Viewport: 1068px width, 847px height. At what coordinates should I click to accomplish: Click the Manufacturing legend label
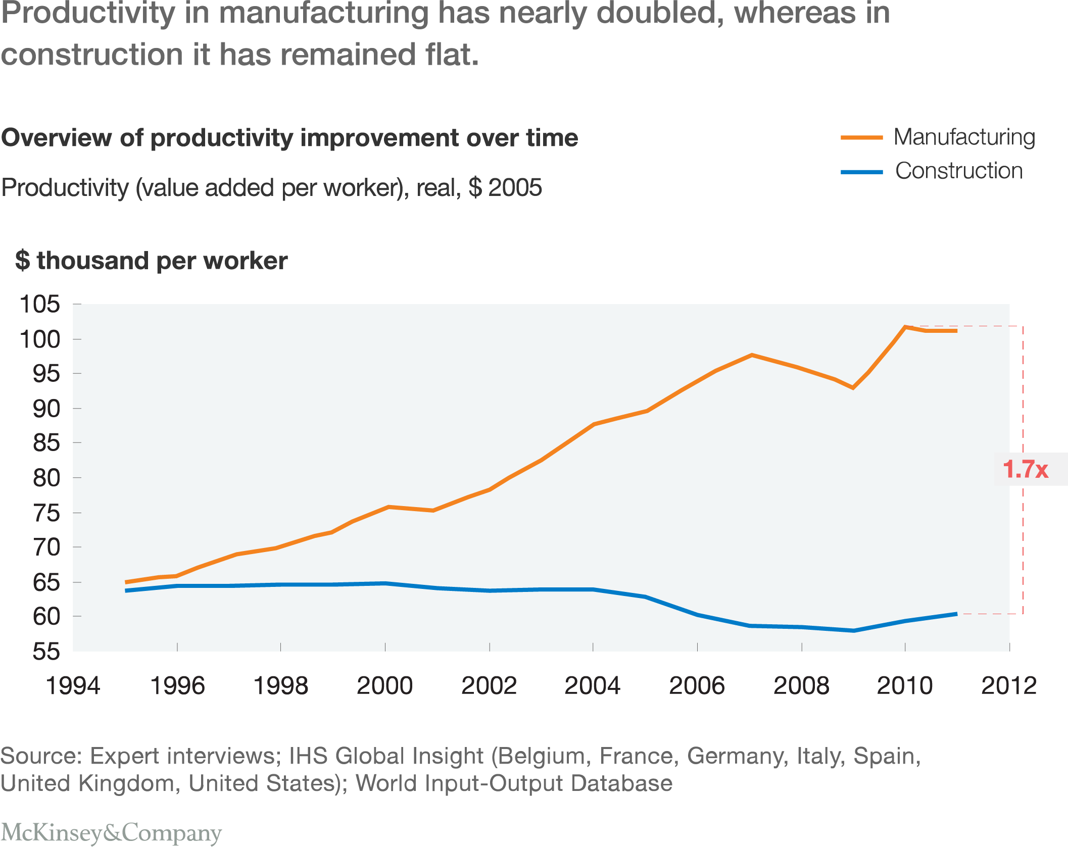964,137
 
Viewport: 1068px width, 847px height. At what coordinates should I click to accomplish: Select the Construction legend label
958,171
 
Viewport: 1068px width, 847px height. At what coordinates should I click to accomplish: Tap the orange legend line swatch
861,137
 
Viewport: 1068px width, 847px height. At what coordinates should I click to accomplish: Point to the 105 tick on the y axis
39,304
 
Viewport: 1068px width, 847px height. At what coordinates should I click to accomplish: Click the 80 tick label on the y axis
46,478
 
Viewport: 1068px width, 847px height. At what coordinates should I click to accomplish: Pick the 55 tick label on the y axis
46,652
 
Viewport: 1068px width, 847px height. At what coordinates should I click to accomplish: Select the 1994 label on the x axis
73,686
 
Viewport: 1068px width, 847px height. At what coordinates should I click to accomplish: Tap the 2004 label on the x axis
592,686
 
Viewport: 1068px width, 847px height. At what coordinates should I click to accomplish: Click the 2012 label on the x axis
1008,686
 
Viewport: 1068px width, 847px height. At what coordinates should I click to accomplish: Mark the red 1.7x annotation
1025,469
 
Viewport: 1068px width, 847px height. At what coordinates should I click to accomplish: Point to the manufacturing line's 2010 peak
905,327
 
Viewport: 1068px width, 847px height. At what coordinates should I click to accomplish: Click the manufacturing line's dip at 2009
853,388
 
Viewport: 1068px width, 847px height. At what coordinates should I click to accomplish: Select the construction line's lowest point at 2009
853,630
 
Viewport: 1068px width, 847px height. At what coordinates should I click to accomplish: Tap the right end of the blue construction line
956,614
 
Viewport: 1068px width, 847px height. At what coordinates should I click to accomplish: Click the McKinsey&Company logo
111,832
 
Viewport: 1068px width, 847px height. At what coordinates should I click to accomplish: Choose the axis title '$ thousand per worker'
151,261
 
